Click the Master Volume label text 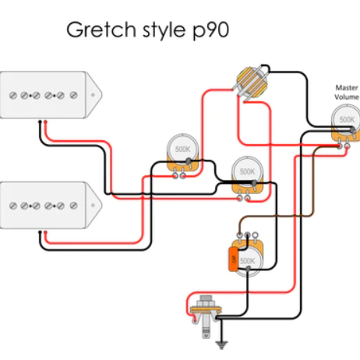point(346,93)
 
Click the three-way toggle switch point(250,83)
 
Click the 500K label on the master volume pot point(347,121)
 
